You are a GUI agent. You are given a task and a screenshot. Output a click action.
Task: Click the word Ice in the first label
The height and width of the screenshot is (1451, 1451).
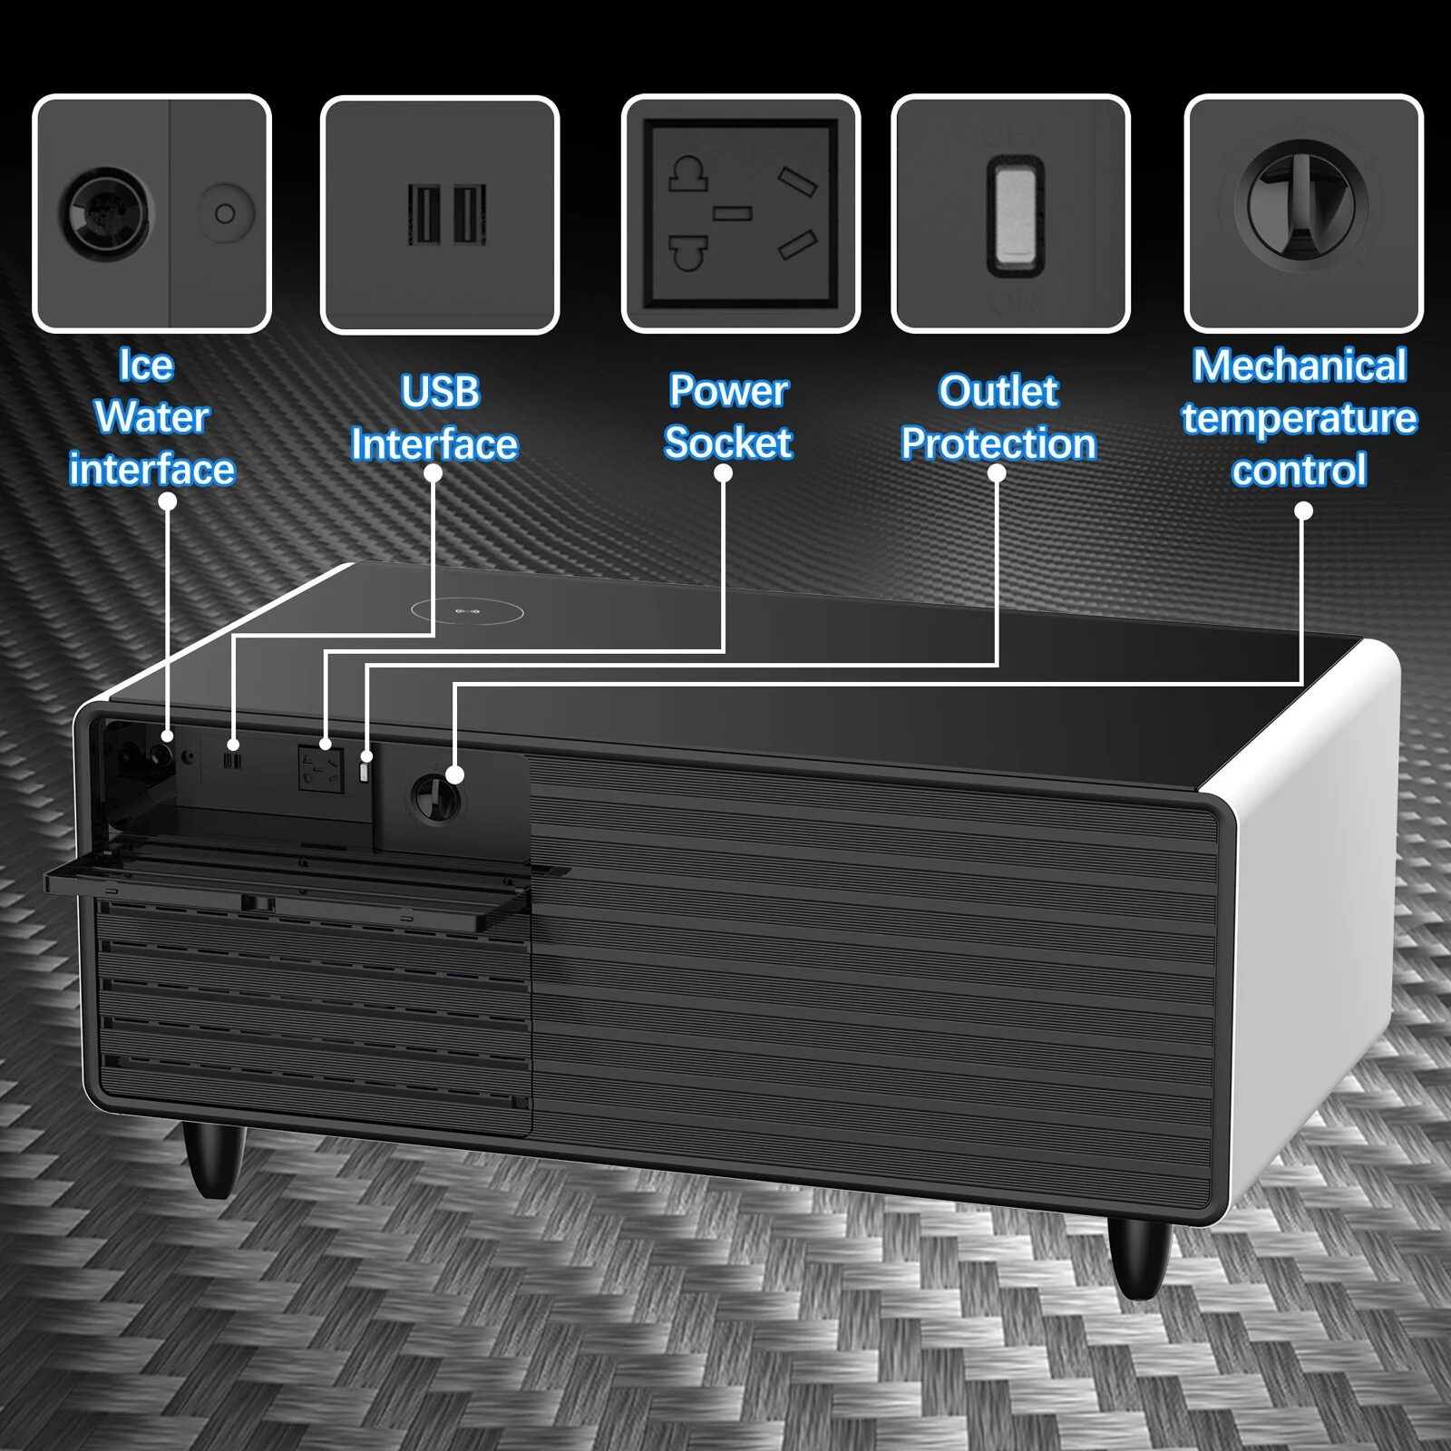coord(146,365)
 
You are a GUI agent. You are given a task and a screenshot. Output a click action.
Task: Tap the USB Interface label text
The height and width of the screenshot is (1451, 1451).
coord(434,418)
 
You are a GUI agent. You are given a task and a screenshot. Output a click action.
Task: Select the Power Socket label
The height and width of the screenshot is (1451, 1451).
coord(728,417)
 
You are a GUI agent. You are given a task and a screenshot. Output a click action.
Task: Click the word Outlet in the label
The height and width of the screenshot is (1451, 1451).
coord(998,392)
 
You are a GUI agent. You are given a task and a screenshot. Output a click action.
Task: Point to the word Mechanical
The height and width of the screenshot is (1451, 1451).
coord(1300,365)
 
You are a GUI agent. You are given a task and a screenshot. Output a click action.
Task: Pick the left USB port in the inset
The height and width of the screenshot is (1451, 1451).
coord(423,214)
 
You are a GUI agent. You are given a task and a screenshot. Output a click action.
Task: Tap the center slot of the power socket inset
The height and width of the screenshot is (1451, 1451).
coord(732,214)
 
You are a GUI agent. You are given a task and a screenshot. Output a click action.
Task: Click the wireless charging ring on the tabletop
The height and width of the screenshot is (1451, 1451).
coord(467,611)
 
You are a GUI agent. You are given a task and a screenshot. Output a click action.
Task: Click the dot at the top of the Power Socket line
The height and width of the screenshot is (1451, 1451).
coord(723,473)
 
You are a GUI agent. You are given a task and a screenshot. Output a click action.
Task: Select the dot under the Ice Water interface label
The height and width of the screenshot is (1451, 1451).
coord(168,502)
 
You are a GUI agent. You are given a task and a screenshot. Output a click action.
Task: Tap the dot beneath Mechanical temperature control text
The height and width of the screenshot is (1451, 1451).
coord(1303,511)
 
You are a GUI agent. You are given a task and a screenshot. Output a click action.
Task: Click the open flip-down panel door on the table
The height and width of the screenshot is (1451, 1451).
coord(299,884)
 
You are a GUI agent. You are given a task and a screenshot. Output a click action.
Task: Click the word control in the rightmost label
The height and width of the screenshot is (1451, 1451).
coord(1299,471)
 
